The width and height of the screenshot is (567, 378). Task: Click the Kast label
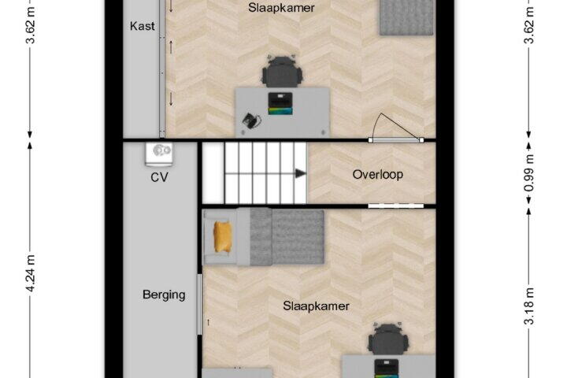(142, 26)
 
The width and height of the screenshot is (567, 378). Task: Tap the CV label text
(159, 177)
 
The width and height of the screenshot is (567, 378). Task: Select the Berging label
(164, 295)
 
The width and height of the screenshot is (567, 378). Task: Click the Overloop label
(377, 174)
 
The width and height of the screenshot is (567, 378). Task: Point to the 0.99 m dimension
(529, 172)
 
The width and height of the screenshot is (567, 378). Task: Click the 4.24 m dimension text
(31, 273)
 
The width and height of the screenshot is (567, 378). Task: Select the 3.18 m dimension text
(529, 307)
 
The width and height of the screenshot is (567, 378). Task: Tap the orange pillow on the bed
(222, 237)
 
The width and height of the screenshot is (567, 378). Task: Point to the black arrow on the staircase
(301, 173)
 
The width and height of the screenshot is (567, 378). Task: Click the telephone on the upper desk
(251, 120)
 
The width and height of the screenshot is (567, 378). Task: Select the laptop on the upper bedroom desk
(280, 104)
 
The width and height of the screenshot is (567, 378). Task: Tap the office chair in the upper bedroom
(282, 72)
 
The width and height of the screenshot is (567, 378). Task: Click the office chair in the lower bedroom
(388, 339)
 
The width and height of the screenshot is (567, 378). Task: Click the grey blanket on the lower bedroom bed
(287, 237)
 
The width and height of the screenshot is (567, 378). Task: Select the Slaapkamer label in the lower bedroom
(316, 306)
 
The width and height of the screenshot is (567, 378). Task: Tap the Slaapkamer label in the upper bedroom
(281, 8)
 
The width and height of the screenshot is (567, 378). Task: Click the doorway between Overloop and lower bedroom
(395, 206)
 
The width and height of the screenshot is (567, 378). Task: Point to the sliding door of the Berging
(199, 305)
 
